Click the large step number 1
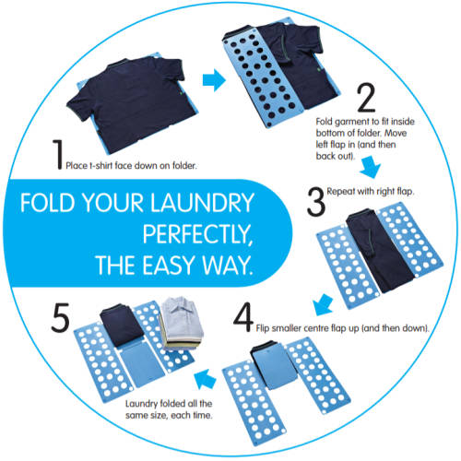click(56, 154)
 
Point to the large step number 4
click(243, 314)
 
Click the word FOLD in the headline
click(52, 202)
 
